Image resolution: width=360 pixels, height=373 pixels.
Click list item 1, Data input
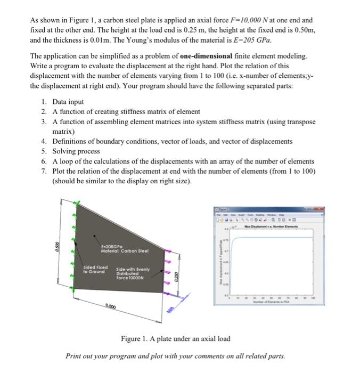tap(68, 101)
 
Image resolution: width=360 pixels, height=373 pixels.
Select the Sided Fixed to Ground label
tap(95, 269)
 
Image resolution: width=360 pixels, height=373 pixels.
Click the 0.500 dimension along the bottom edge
tap(111, 306)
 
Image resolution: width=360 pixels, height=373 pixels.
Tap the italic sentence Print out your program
tap(175, 355)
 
